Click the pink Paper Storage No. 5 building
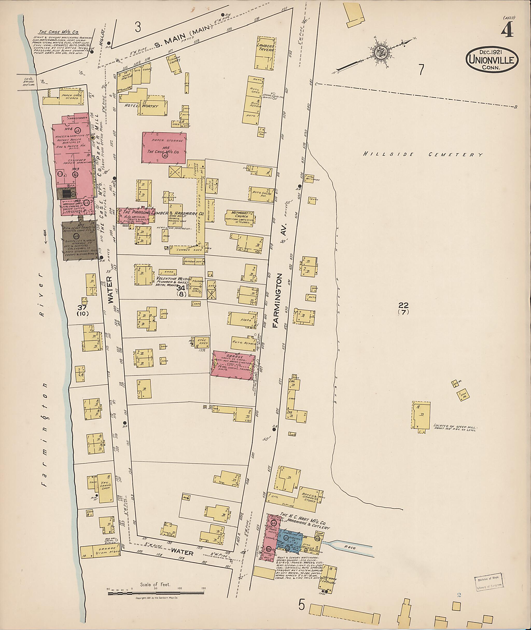(x=164, y=148)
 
